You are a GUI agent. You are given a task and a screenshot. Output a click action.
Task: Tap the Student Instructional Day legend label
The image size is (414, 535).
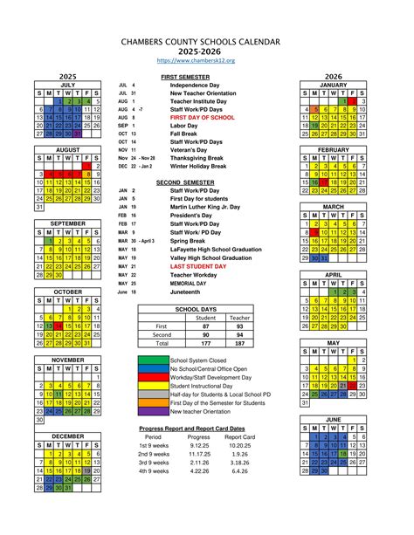206,385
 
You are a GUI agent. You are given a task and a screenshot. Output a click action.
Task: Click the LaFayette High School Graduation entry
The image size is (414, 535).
216,249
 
